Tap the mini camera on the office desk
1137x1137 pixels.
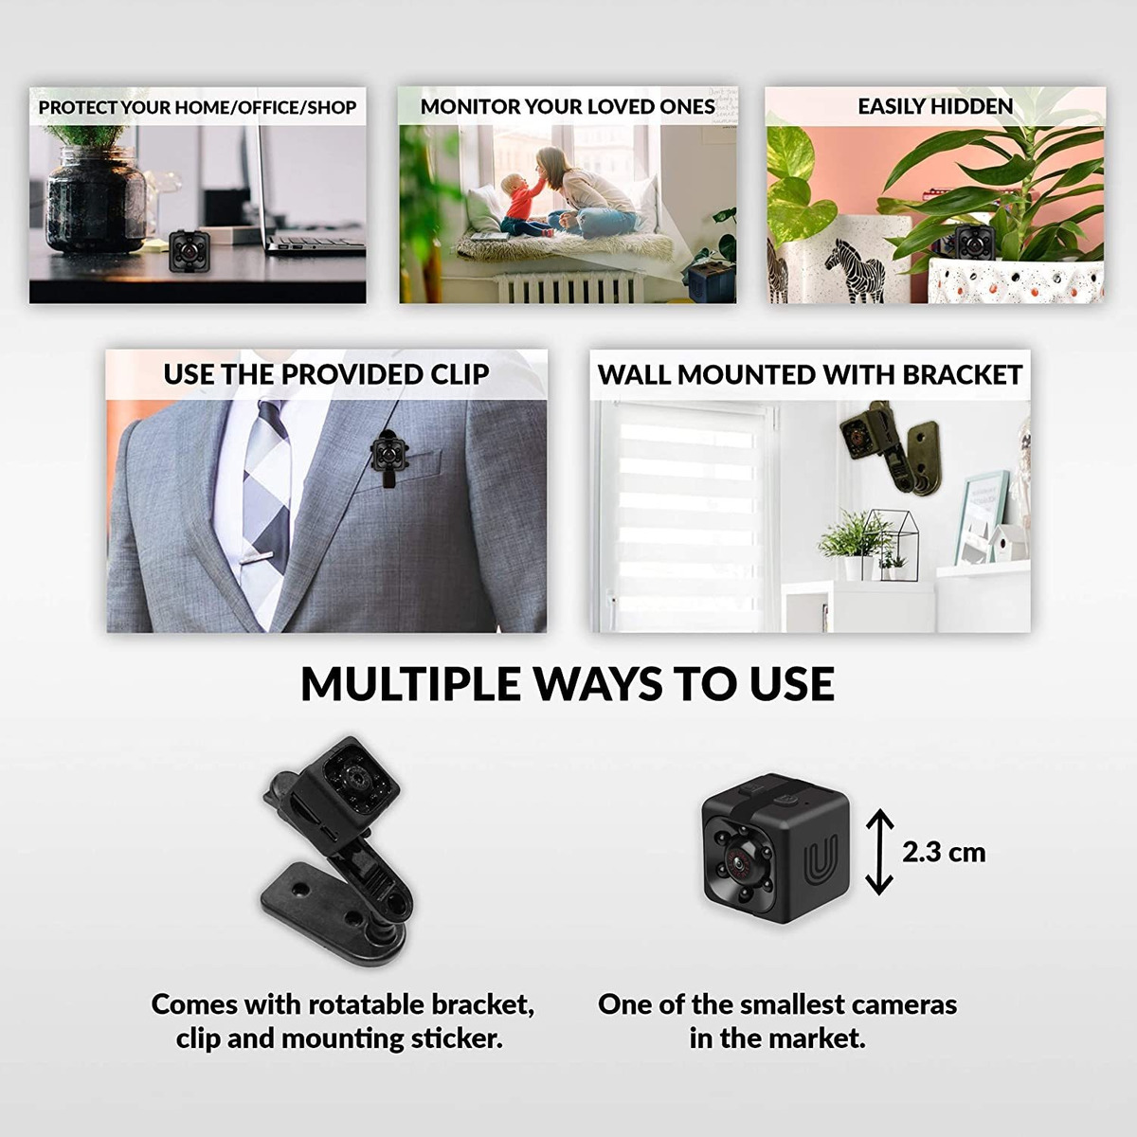pos(189,251)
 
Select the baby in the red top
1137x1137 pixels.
pos(522,207)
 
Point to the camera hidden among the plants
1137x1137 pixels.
pos(974,242)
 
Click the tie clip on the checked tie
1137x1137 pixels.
pos(256,555)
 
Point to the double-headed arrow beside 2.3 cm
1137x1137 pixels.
pos(879,852)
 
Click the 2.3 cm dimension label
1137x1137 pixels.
pos(944,853)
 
